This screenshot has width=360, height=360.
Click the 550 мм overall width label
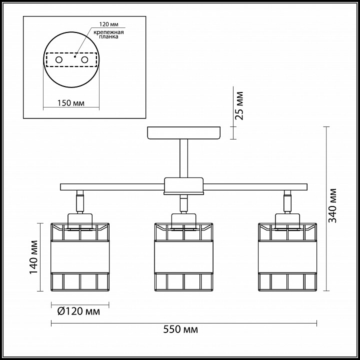[180, 329]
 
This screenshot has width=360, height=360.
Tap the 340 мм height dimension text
[332, 205]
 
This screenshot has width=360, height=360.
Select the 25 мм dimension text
[239, 105]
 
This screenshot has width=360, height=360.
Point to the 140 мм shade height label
[33, 257]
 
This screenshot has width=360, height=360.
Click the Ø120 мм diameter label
[79, 311]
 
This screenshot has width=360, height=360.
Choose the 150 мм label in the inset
[71, 103]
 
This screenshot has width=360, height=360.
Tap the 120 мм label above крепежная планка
[109, 24]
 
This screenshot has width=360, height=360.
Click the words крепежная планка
[108, 34]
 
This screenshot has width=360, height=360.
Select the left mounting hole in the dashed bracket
[59, 60]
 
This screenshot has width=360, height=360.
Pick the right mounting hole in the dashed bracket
[84, 60]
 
